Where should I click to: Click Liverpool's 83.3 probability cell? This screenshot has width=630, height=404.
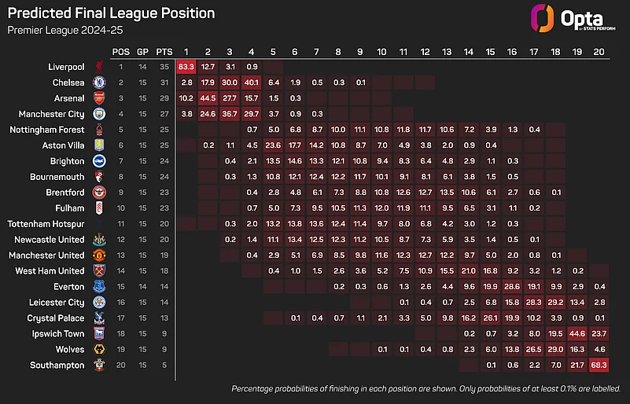186,66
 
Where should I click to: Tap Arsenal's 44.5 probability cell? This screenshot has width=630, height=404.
208,97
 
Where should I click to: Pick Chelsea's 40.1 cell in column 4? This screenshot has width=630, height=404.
252,82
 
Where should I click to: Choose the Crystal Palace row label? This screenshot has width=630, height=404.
57,318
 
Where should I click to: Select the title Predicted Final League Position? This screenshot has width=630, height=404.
111,13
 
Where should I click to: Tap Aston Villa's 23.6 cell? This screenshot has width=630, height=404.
274,145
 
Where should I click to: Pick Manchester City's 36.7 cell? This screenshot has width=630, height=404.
230,113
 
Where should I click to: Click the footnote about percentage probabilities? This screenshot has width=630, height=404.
425,389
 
